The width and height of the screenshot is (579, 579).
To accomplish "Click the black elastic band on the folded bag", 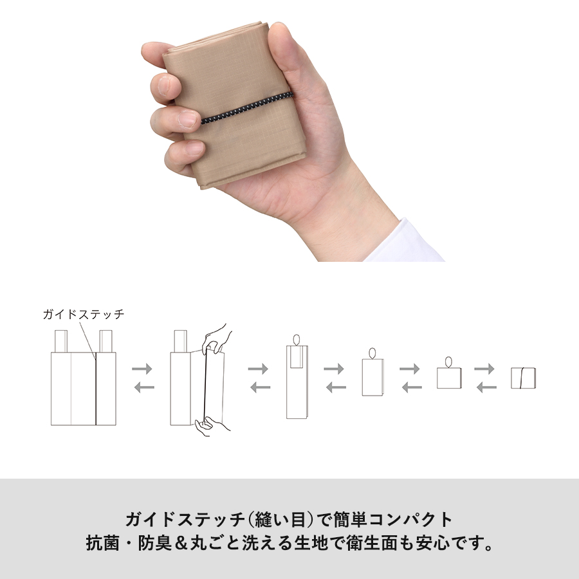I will (x=248, y=108).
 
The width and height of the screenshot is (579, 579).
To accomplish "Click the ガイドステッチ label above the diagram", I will (x=84, y=315).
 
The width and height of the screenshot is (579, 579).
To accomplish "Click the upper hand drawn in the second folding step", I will (x=217, y=337).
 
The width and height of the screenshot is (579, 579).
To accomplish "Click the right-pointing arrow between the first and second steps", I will (x=142, y=369).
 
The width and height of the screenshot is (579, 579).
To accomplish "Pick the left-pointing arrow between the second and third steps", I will (x=260, y=387).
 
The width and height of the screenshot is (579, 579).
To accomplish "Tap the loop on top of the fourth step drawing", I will (x=371, y=353).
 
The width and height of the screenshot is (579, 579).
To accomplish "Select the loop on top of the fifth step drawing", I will (x=448, y=362).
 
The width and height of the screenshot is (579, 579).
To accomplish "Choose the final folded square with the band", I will (x=524, y=378).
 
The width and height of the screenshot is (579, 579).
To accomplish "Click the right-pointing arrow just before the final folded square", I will (x=484, y=369).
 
